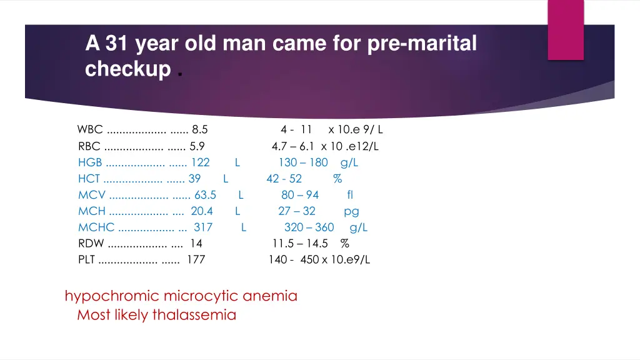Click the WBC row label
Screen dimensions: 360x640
pos(90,130)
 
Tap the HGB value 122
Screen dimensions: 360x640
pos(200,162)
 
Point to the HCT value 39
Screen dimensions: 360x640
pos(194,179)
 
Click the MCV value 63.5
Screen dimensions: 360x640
pos(205,195)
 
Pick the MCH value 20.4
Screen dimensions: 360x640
pos(202,211)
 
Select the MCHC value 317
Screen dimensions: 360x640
pos(203,227)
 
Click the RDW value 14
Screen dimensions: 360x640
pos(196,244)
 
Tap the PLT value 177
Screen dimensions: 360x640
pos(196,260)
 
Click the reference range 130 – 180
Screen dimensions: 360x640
pos(303,162)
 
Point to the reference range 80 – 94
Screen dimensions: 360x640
pos(300,195)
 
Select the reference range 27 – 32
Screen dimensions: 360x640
pos(297,211)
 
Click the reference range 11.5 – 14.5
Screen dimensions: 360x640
pos(300,244)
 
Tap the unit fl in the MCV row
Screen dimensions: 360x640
pos(350,195)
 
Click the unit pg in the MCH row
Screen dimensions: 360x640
pos(351,212)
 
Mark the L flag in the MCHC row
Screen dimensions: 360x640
pos(244,227)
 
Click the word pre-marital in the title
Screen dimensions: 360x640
pos(423,43)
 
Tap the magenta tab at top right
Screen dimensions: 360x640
pos(566,29)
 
